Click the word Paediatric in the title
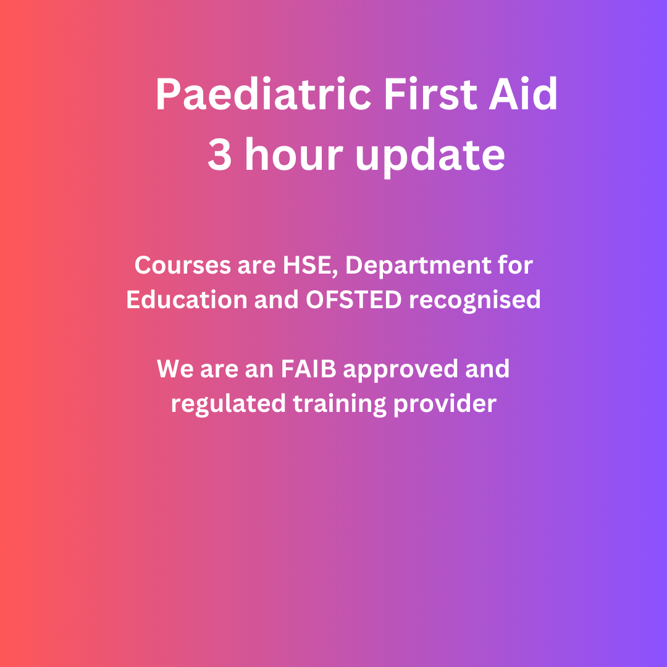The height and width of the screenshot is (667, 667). tap(262, 96)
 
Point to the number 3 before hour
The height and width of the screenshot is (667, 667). tap(220, 155)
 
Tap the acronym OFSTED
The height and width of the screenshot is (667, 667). tap(354, 300)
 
